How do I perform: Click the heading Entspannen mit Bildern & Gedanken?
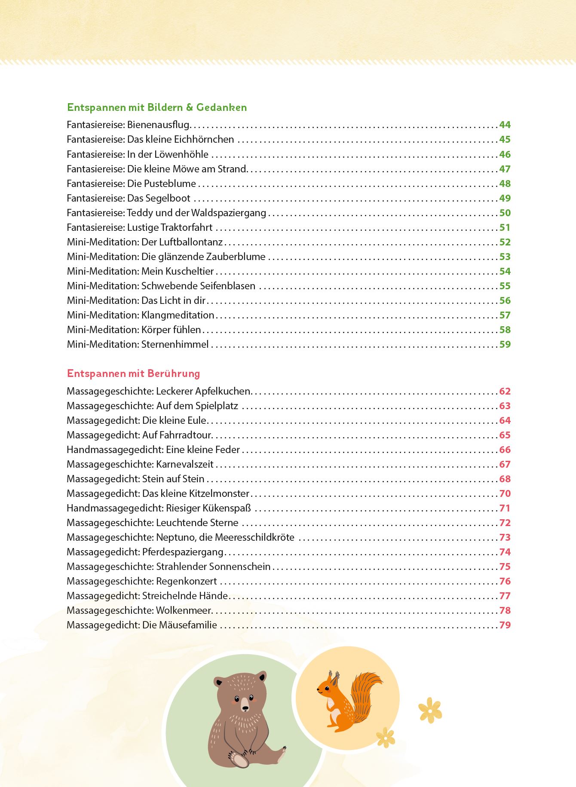coord(157,107)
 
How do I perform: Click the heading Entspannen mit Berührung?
coord(133,374)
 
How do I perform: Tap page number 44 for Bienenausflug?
coord(505,125)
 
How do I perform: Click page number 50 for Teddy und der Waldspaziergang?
coord(505,213)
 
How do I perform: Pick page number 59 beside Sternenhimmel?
coord(505,344)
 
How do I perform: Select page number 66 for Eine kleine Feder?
coord(505,450)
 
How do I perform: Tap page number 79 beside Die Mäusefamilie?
coord(505,625)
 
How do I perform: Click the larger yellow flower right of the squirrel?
coord(430,710)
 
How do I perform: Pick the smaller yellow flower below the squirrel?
coord(386,737)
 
